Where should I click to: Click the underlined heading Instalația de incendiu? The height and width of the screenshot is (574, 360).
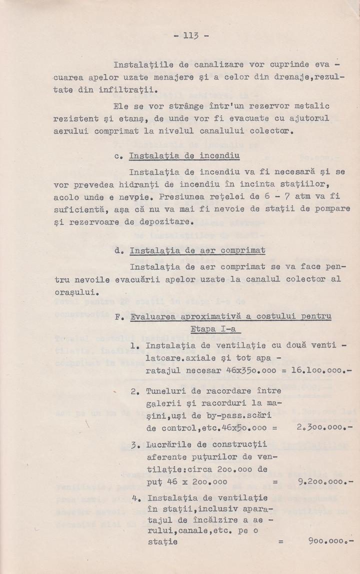point(184,156)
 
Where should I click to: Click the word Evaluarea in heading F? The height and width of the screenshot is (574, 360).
point(152,317)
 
